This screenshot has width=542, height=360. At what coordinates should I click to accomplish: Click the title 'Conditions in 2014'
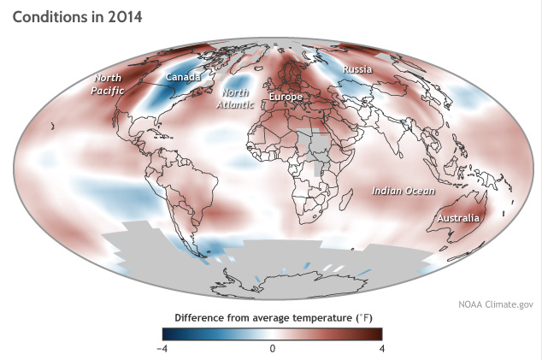click(78, 16)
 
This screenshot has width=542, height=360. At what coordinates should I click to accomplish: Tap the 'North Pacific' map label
click(109, 85)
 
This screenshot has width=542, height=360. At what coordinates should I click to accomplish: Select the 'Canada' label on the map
click(183, 77)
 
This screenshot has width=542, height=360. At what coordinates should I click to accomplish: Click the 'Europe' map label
click(286, 97)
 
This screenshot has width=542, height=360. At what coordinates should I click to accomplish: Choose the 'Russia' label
click(356, 68)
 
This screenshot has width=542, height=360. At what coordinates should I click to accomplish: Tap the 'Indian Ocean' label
click(404, 190)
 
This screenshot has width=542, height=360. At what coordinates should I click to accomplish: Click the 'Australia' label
click(458, 219)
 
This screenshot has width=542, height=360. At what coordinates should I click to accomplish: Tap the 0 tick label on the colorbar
click(273, 348)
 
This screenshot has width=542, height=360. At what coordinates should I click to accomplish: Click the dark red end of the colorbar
click(376, 333)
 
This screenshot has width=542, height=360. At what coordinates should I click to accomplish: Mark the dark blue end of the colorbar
click(169, 333)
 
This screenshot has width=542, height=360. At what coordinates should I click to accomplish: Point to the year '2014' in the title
click(121, 16)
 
